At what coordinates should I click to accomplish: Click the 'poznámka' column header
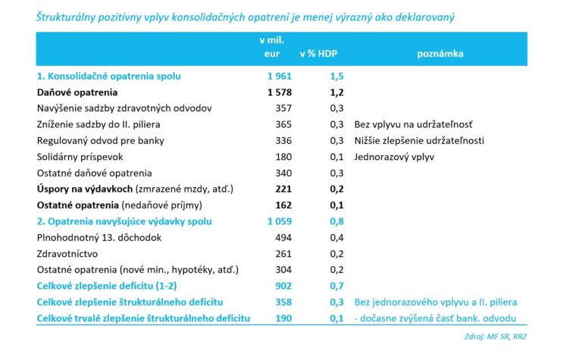[x=440, y=54]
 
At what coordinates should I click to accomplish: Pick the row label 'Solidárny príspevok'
[x=79, y=157]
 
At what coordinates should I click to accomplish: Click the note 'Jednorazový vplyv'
[x=392, y=157]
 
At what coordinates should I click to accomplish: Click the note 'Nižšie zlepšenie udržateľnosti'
[x=418, y=141]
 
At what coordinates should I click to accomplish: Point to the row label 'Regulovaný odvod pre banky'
[x=100, y=141]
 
